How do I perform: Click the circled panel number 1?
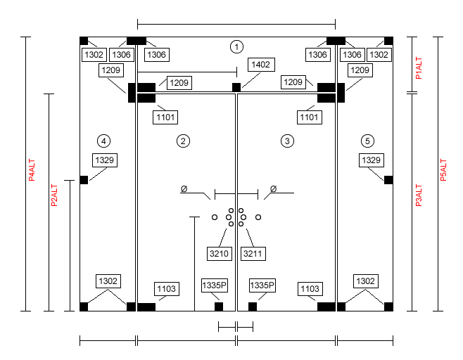(x=236, y=47)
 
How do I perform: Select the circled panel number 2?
(x=183, y=141)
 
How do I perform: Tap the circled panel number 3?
(x=287, y=141)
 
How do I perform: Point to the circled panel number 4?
(x=103, y=141)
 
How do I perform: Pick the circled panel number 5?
(x=367, y=141)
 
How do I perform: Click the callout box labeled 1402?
(x=260, y=65)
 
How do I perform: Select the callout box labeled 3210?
(x=219, y=254)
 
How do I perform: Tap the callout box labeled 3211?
(x=253, y=254)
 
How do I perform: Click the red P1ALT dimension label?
(x=419, y=68)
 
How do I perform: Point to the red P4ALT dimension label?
(x=32, y=170)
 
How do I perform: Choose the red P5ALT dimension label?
(x=443, y=170)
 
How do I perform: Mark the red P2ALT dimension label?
(x=54, y=195)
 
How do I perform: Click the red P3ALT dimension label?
(x=419, y=195)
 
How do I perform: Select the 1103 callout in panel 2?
(x=167, y=289)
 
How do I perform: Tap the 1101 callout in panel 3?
(x=309, y=117)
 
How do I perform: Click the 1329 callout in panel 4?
(x=105, y=160)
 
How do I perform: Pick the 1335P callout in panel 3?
(x=262, y=285)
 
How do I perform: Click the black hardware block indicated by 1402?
(x=236, y=87)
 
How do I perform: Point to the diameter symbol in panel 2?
(x=184, y=188)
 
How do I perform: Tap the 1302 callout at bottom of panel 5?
(x=366, y=281)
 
